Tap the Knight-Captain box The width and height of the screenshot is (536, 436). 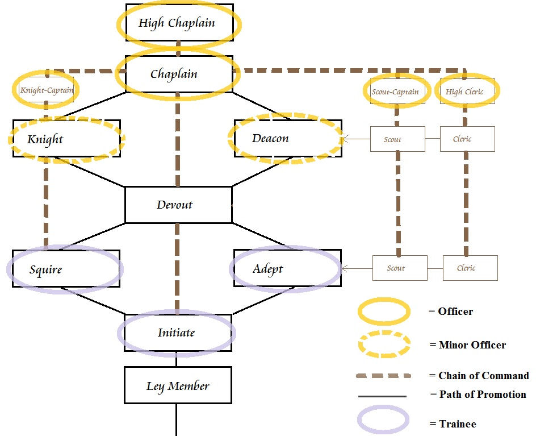pyautogui.click(x=46, y=90)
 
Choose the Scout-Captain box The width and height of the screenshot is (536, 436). pyautogui.click(x=395, y=92)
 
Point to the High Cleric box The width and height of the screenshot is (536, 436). pyautogui.click(x=465, y=92)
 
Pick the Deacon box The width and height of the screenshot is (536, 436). pyautogui.click(x=287, y=139)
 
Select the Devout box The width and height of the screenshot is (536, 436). pyautogui.click(x=178, y=205)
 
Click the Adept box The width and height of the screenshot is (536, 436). pyautogui.click(x=287, y=268)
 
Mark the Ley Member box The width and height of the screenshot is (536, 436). pyautogui.click(x=178, y=385)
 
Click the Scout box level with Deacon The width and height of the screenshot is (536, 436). pyautogui.click(x=397, y=139)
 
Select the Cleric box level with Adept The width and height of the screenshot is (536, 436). pyautogui.click(x=470, y=268)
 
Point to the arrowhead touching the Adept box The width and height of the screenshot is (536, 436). pyautogui.click(x=345, y=268)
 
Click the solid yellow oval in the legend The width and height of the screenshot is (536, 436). pyautogui.click(x=383, y=312)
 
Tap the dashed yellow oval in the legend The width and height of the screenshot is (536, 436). pyautogui.click(x=383, y=344)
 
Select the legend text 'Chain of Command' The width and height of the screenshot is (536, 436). pyautogui.click(x=483, y=376)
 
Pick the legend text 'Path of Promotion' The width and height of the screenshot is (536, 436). pyautogui.click(x=482, y=395)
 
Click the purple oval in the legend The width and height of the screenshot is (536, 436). pyautogui.click(x=383, y=421)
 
